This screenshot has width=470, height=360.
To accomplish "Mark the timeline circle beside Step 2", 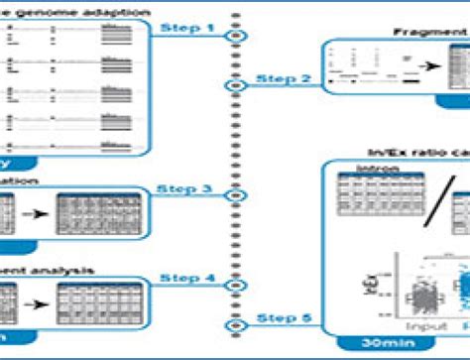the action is [235, 86].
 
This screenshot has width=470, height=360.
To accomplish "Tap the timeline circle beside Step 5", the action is [235, 324].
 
